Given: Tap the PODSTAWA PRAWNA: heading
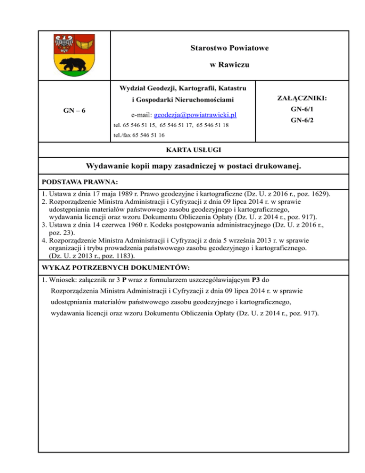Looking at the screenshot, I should (73, 182).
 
